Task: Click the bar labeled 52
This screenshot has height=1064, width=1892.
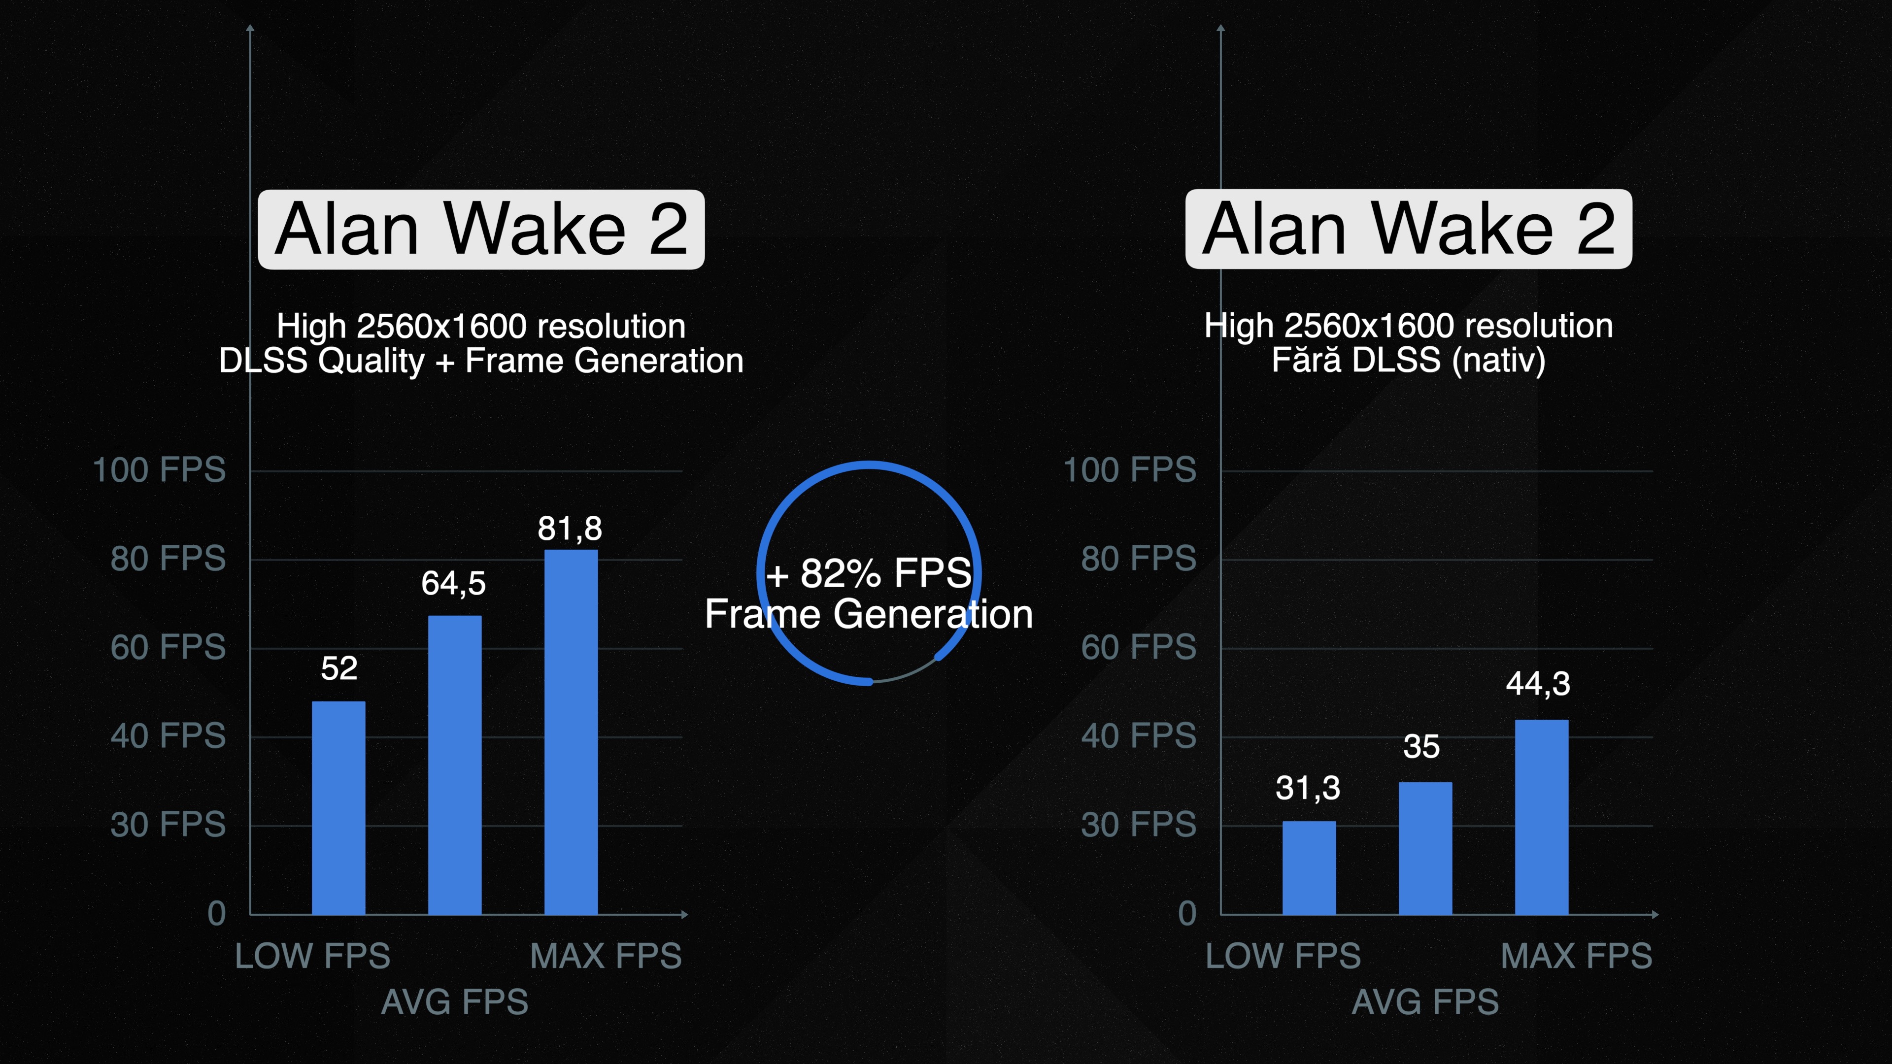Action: [338, 808]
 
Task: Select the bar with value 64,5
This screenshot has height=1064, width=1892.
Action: [455, 765]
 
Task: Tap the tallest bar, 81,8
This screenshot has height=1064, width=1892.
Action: [571, 732]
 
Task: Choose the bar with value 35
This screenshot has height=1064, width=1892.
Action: [1425, 848]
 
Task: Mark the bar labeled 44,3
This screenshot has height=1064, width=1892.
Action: [1542, 817]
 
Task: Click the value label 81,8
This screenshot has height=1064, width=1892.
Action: [570, 529]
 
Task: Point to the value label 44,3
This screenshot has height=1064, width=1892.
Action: [1538, 684]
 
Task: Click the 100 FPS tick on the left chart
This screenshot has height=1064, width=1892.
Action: [159, 470]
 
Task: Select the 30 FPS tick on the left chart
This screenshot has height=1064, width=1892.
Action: [168, 825]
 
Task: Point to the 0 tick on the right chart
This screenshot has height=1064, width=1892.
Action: [1187, 913]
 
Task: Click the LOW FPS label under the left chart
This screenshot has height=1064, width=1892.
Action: [313, 956]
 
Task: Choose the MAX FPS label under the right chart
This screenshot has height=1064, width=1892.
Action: [1576, 956]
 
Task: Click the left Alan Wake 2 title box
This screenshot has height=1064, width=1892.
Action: [481, 229]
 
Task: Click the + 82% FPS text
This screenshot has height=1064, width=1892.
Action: [869, 573]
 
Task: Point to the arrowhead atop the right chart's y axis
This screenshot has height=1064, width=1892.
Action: [1221, 28]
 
